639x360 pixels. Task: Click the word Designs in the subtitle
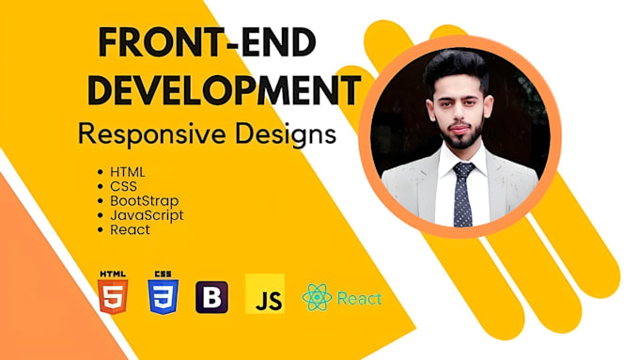click(287, 134)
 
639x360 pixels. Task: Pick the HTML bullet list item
click(128, 173)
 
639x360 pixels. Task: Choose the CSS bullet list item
click(123, 187)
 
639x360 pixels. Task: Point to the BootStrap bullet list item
click(144, 201)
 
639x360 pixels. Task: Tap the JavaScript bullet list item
click(147, 214)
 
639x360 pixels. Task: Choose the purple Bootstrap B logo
click(211, 297)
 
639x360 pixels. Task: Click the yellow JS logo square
click(265, 294)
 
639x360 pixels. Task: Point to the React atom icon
click(317, 298)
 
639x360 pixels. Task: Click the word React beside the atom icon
click(359, 299)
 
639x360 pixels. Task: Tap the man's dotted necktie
click(463, 194)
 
